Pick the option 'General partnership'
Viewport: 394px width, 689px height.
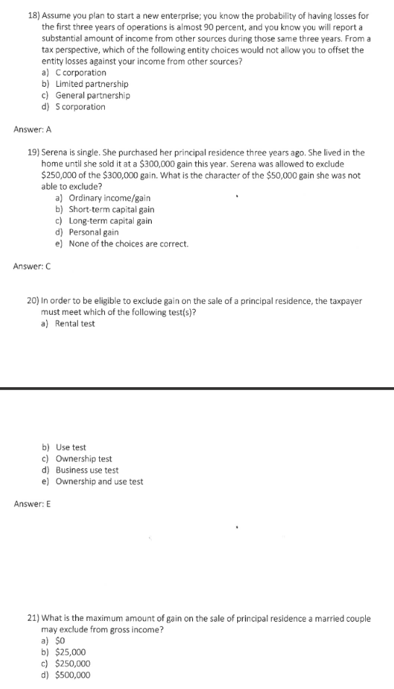point(93,96)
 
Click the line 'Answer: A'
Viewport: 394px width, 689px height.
point(33,130)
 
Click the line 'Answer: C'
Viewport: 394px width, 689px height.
point(33,266)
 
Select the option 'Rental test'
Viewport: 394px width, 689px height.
point(75,324)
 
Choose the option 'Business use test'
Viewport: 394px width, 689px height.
point(87,470)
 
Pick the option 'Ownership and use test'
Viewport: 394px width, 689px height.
point(99,482)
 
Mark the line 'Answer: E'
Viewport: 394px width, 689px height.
point(33,504)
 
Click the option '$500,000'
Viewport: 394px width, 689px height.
point(73,675)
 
